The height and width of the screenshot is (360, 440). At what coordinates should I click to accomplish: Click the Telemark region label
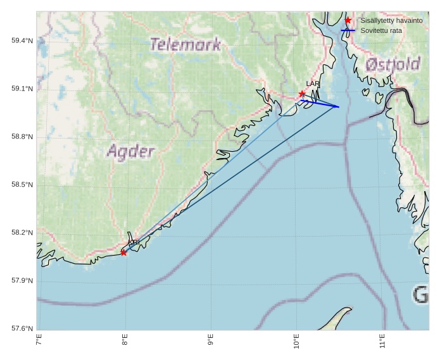pyautogui.click(x=185, y=44)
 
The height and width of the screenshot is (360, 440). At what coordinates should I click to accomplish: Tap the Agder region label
pyautogui.click(x=130, y=152)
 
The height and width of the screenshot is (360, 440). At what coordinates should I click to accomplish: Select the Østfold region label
pyautogui.click(x=393, y=64)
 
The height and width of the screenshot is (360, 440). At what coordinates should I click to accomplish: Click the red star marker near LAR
pyautogui.click(x=302, y=94)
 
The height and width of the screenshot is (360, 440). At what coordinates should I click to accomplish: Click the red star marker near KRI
pyautogui.click(x=123, y=252)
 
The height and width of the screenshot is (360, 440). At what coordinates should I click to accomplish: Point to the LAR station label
pyautogui.click(x=313, y=84)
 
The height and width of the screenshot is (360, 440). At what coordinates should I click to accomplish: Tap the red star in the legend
pyautogui.click(x=348, y=20)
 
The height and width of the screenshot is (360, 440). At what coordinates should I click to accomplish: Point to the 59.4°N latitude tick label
pyautogui.click(x=22, y=40)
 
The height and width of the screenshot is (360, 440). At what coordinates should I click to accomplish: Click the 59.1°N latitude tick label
pyautogui.click(x=22, y=89)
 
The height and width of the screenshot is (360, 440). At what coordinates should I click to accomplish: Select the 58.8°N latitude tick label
pyautogui.click(x=22, y=137)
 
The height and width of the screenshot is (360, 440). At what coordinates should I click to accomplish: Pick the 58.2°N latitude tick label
pyautogui.click(x=22, y=233)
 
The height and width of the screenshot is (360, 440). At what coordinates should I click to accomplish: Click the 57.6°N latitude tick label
pyautogui.click(x=22, y=328)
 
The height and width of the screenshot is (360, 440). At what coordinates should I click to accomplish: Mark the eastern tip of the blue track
pyautogui.click(x=339, y=107)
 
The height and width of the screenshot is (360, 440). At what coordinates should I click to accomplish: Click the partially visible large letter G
pyautogui.click(x=420, y=295)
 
